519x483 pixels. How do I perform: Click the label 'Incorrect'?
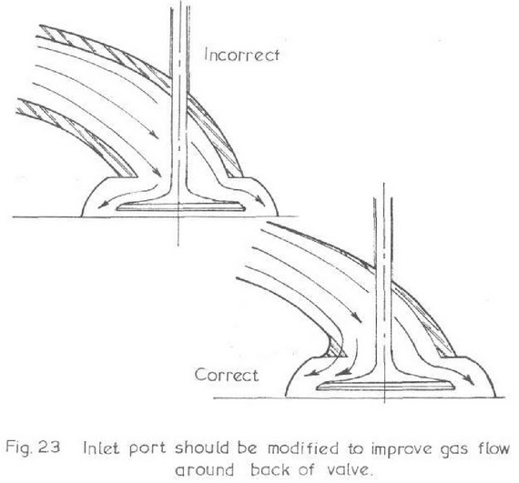coord(241,55)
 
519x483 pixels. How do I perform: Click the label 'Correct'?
coord(227,376)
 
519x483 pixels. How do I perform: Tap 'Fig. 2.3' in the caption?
coord(33,448)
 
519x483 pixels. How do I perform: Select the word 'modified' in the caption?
coord(303,448)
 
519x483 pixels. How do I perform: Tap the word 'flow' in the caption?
coord(494,448)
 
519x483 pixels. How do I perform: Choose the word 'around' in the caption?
coord(204,469)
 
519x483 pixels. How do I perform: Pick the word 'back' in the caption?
coord(270,469)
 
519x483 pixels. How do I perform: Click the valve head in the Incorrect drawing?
coord(180,206)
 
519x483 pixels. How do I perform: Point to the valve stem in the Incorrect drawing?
coord(179,99)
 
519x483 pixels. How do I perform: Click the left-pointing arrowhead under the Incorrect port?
coord(103,206)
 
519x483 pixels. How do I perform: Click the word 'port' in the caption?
coord(147,450)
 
